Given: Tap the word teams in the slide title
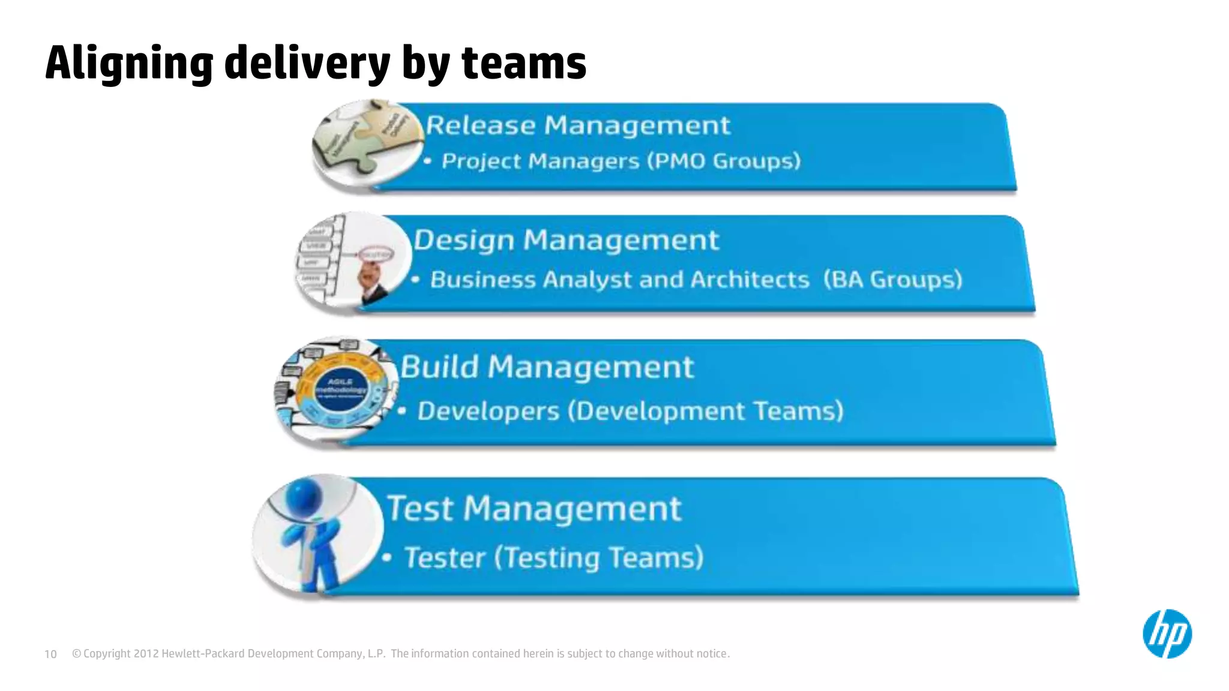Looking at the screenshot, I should (x=523, y=64).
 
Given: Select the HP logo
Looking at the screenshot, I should (x=1167, y=634).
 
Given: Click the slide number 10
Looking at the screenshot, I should (x=50, y=654).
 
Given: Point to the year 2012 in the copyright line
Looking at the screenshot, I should (x=146, y=654).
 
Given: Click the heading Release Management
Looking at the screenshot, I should (x=578, y=125).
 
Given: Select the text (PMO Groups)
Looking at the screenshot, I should (x=724, y=161).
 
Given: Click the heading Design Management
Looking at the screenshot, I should (x=566, y=240).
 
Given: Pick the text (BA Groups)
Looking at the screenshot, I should (x=892, y=280).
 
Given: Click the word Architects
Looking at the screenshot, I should (x=750, y=280).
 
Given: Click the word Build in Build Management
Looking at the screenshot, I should (x=439, y=366).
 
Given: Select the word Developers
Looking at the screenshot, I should (x=488, y=411).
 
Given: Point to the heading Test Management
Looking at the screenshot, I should (x=533, y=509).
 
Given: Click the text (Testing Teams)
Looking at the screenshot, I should (x=599, y=558).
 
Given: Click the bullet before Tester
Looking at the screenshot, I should (x=387, y=558).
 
